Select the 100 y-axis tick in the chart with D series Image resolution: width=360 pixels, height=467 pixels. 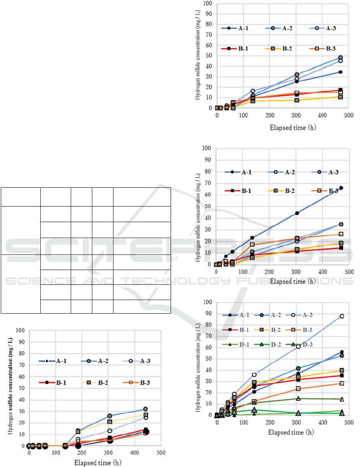pos(207,302)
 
